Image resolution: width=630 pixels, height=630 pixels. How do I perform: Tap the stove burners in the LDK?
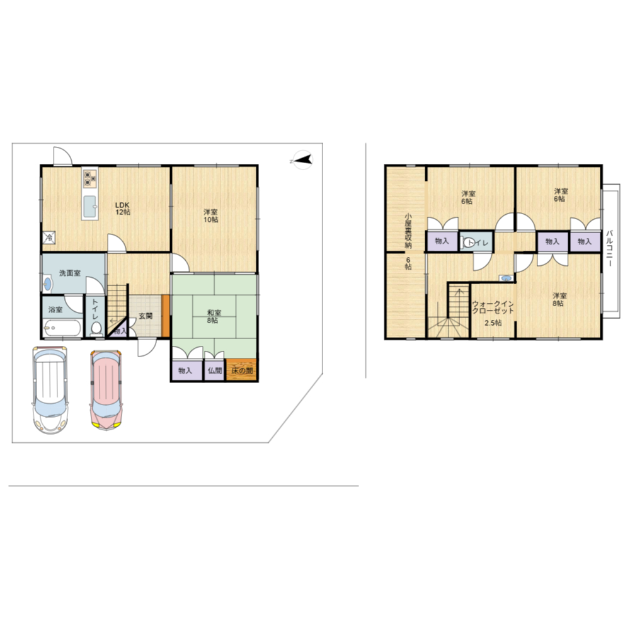tap(89, 179)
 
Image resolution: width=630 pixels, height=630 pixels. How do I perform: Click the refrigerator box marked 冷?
tap(49, 238)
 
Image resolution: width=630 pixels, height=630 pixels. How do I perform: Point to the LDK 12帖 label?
tap(123, 208)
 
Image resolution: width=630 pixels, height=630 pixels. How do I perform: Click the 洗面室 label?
tap(70, 273)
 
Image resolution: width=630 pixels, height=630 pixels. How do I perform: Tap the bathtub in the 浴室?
tap(62, 329)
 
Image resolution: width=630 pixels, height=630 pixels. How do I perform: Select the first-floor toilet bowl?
tap(96, 328)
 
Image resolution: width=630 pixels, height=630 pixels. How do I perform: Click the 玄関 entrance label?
tap(146, 316)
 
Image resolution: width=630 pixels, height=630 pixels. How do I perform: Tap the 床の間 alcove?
tap(242, 370)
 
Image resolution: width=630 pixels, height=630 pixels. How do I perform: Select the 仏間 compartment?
tap(215, 370)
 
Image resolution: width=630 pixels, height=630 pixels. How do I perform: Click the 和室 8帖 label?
tap(213, 316)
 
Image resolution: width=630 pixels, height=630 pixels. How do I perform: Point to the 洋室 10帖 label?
tap(210, 215)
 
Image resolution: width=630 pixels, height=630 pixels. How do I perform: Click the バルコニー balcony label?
tap(609, 248)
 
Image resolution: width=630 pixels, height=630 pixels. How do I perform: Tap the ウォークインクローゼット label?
tap(493, 307)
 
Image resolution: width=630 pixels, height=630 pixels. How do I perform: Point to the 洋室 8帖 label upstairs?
tap(558, 299)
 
